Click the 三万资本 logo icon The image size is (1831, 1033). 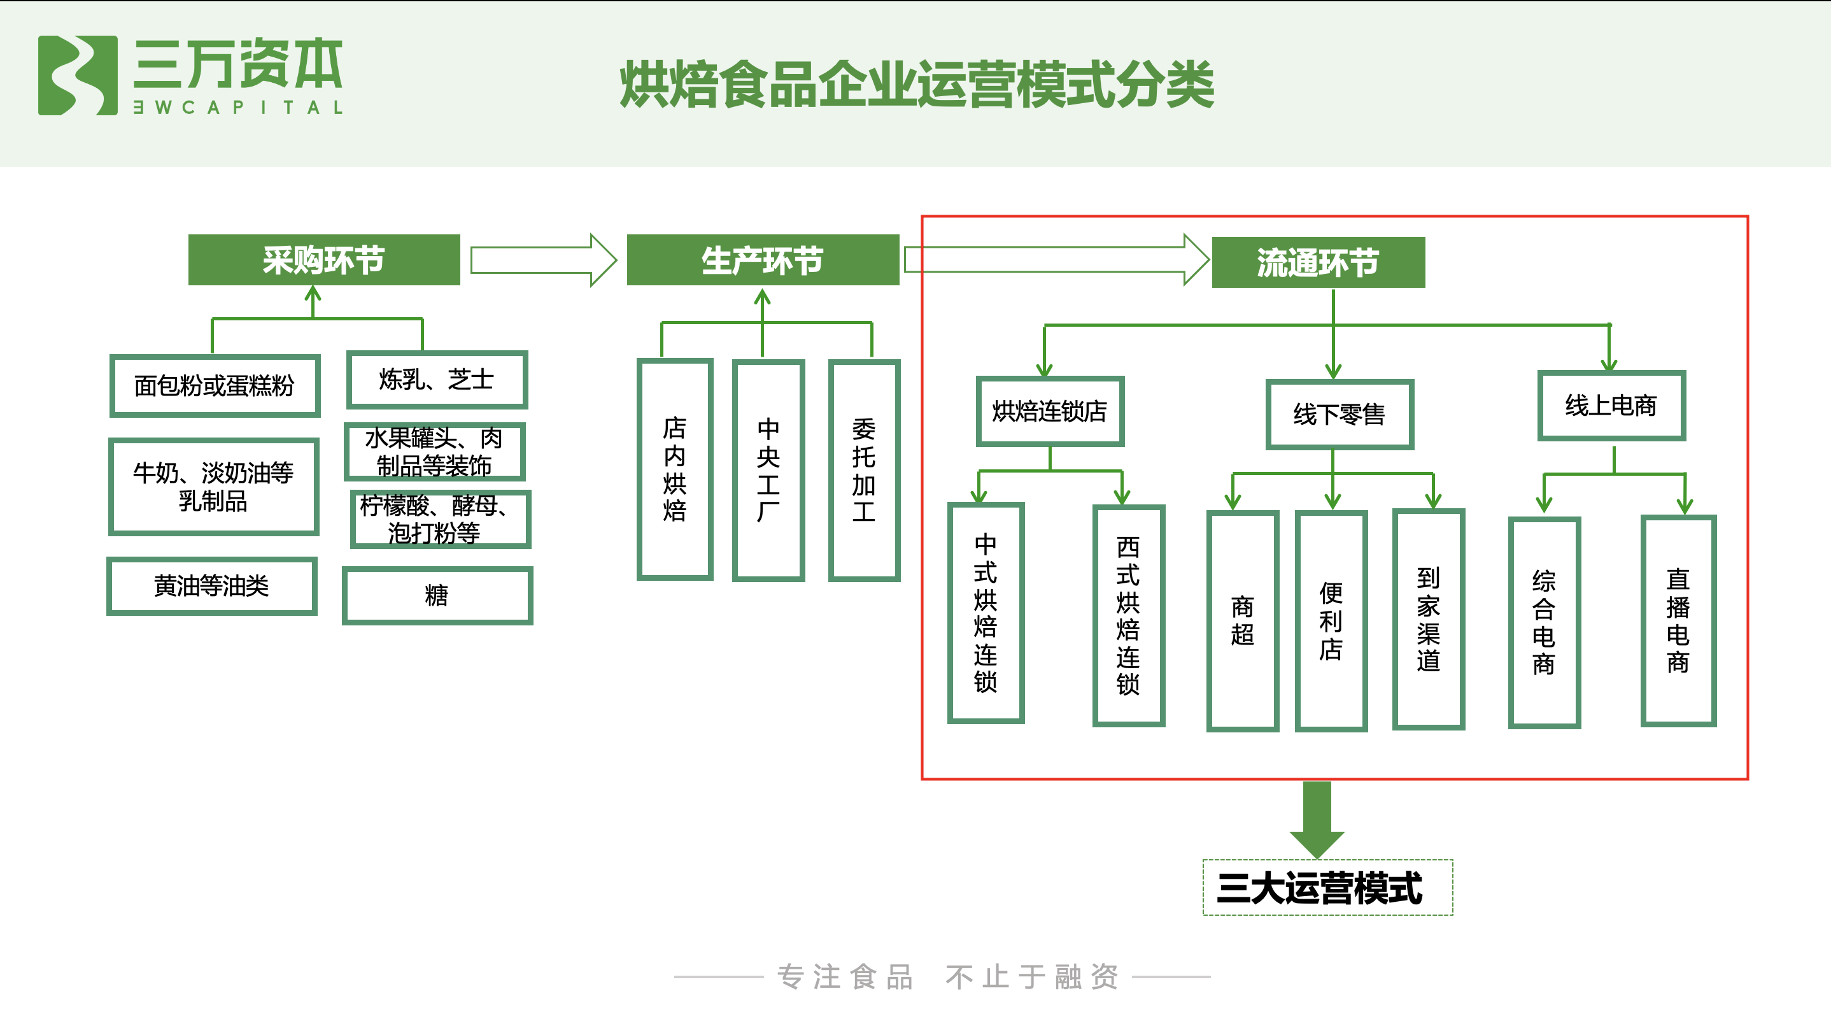(x=78, y=75)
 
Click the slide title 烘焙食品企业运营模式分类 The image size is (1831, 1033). (x=916, y=85)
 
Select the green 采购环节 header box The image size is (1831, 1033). (x=324, y=259)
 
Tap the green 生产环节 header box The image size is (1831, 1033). (x=763, y=259)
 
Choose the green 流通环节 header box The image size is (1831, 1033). (x=1318, y=262)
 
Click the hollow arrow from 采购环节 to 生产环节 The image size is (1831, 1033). (x=544, y=260)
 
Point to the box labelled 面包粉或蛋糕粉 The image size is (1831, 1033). (x=215, y=385)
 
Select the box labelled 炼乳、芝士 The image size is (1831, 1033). (x=437, y=380)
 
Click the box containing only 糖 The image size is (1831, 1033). (x=437, y=595)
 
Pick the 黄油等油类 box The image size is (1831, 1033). (x=212, y=586)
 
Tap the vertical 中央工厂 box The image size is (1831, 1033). (x=768, y=470)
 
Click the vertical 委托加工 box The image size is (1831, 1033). (x=865, y=470)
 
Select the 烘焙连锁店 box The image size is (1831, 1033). (x=1050, y=411)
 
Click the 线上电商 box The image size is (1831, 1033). (x=1611, y=406)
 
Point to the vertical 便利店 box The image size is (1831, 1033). (x=1331, y=621)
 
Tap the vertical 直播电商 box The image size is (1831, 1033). (x=1678, y=621)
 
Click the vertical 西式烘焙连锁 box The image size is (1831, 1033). (x=1128, y=615)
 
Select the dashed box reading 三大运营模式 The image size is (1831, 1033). (x=1327, y=888)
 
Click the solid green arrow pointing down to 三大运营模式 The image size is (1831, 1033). (x=1317, y=820)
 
